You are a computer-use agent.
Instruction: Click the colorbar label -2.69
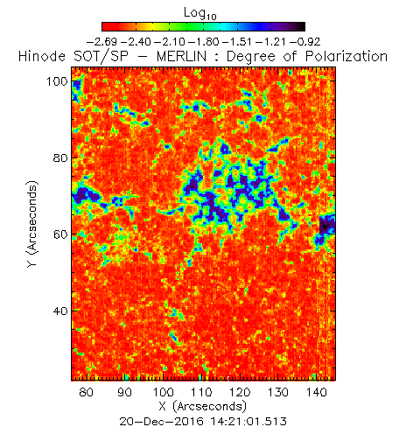pos(102,42)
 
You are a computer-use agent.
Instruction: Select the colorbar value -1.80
pos(204,42)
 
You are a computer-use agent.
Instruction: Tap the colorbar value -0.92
pos(305,42)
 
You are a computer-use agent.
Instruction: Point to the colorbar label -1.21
pos(271,42)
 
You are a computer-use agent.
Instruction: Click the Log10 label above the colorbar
pos(200,14)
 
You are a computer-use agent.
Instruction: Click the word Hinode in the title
pos(42,56)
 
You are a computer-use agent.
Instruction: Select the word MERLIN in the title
pos(181,56)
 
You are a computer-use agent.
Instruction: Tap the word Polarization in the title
pos(346,56)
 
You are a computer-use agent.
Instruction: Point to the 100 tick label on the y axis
pos(58,81)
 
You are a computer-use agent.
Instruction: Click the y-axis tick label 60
pos(60,234)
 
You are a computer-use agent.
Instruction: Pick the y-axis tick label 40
pos(60,311)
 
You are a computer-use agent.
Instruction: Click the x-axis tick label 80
pos(87,392)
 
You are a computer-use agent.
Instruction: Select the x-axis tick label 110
pos(201,392)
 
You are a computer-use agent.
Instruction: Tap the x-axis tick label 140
pos(317,392)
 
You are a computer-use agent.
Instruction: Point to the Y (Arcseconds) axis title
pos(31,224)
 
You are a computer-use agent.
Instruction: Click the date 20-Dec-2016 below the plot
pos(162,422)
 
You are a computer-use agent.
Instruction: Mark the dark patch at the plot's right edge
pos(327,225)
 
